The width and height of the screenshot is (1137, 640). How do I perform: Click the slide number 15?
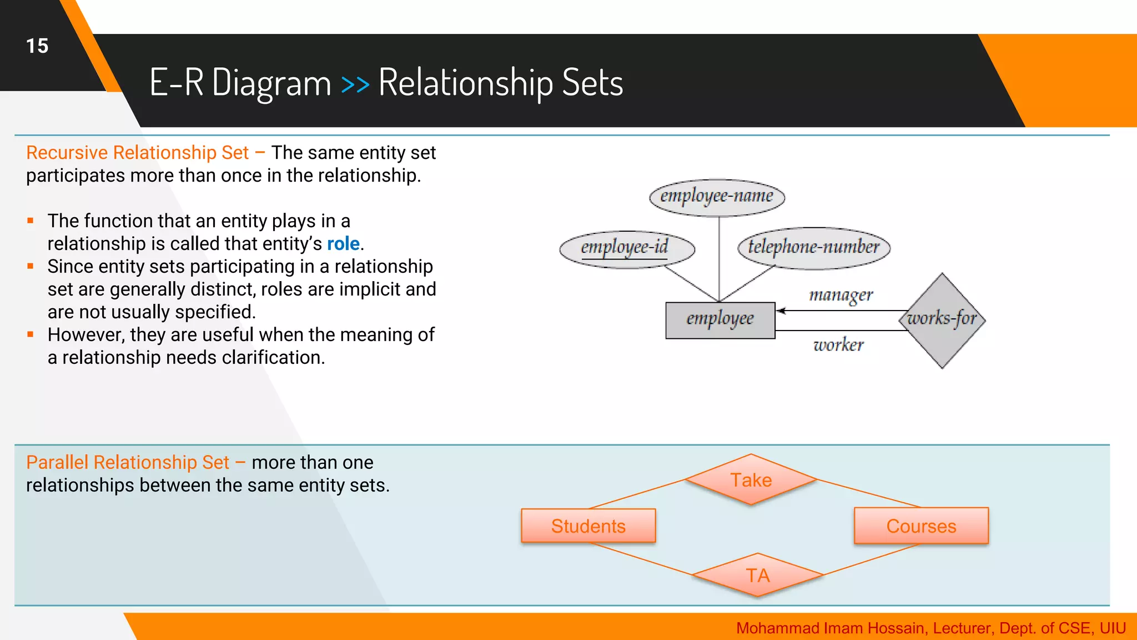(37, 46)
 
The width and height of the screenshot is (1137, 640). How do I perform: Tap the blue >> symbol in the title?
(355, 84)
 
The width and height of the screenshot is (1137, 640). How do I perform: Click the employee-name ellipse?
(717, 197)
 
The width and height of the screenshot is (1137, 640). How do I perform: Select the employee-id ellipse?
(626, 248)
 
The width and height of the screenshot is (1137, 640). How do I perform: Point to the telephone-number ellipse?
(813, 247)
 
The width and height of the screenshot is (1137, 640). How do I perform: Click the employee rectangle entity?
(720, 319)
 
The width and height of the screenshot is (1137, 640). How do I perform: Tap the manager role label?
(841, 294)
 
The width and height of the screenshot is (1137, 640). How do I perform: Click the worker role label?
(838, 345)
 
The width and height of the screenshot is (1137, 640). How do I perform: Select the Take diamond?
(751, 479)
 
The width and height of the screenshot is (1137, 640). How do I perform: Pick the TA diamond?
(757, 575)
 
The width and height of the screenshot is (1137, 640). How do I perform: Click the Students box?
(588, 526)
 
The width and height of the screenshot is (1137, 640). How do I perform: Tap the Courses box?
(921, 526)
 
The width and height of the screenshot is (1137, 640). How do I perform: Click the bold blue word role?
(343, 244)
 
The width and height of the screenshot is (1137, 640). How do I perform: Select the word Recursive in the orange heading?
(67, 153)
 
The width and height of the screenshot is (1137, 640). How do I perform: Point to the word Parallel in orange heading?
(57, 462)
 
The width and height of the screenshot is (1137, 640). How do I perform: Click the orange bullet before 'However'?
(31, 334)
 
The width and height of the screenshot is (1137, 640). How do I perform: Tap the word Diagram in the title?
(271, 83)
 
